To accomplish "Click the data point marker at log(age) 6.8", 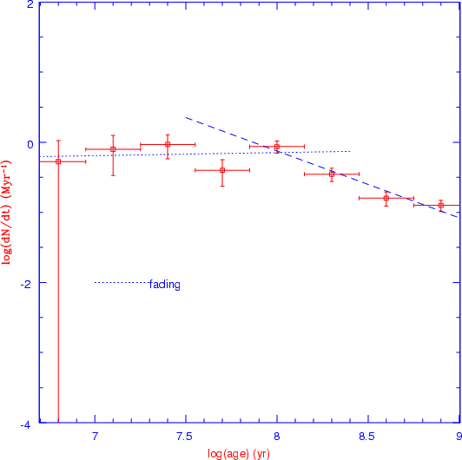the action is (58, 161).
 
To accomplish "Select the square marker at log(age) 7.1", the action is (113, 149).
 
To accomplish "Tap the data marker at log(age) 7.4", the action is (168, 144).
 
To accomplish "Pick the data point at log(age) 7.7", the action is (222, 170).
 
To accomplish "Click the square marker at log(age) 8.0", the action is (277, 147).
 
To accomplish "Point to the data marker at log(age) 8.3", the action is (332, 174).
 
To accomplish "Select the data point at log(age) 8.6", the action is (386, 198).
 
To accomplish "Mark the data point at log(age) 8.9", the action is (441, 205).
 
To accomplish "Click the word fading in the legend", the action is (165, 285).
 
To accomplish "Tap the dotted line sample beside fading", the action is (122, 283).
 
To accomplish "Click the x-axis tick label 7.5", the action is (184, 437).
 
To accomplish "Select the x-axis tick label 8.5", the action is (366, 437).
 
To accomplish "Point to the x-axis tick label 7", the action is (95, 437).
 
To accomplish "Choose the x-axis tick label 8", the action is (277, 437).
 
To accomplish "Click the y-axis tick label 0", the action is (30, 144).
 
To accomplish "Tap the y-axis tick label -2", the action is (27, 285).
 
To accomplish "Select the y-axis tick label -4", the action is (27, 425).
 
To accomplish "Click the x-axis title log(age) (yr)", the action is (239, 454).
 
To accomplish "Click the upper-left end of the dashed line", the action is (186, 117).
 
